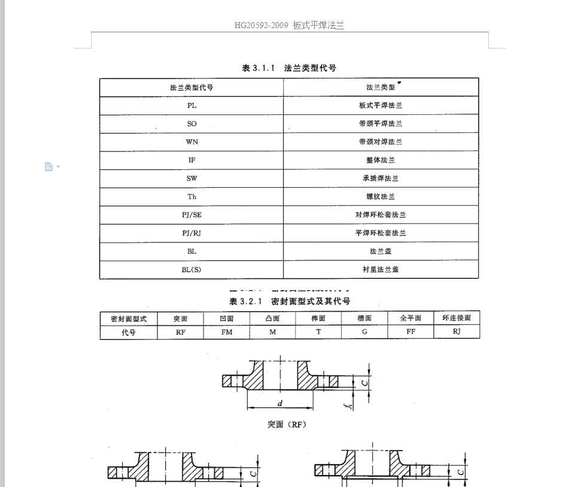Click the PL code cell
pos(191,105)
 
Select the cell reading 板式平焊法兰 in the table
pos(381,105)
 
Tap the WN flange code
pos(191,142)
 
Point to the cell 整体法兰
pos(381,160)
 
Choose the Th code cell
pos(191,196)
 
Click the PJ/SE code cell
pos(191,215)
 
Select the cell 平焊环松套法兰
pos(381,233)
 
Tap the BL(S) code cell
pos(191,269)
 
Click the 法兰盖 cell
pos(381,251)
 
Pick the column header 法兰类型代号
pos(191,87)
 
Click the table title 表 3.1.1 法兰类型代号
pos(289,68)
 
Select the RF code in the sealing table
pos(180,332)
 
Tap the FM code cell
pos(227,332)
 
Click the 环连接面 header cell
pos(457,318)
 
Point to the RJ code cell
pos(457,332)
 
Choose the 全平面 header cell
pos(410,318)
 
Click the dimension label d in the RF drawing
pos(279,404)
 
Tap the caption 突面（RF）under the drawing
pos(287,425)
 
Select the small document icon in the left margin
pos(49,166)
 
